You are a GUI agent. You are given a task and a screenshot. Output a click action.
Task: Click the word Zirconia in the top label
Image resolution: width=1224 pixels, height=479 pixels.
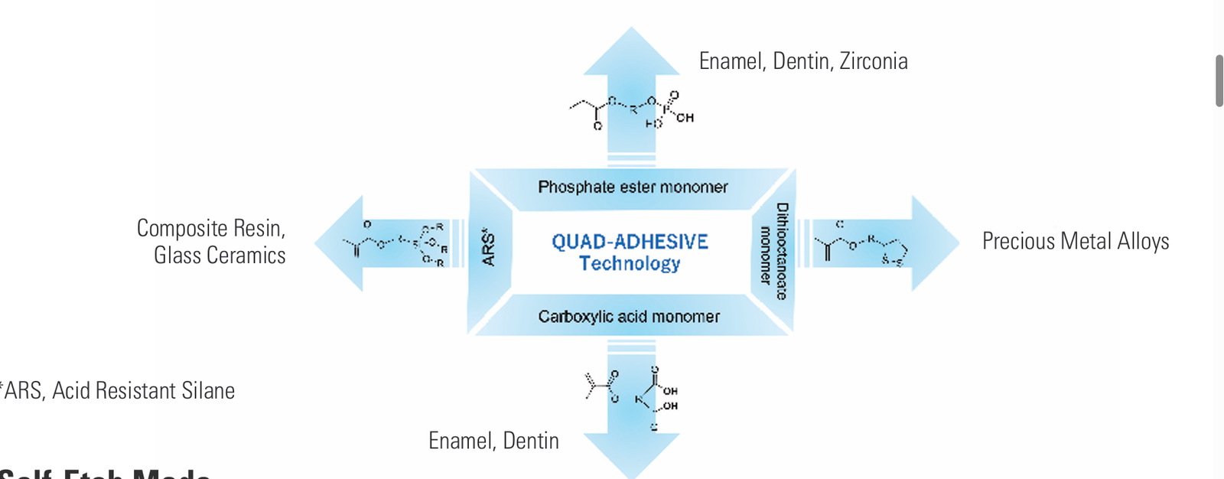click(x=874, y=61)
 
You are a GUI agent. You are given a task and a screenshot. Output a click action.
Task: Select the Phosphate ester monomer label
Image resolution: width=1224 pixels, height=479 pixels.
click(x=633, y=187)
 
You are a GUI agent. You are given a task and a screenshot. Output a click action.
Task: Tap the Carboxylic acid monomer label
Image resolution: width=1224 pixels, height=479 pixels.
click(x=629, y=317)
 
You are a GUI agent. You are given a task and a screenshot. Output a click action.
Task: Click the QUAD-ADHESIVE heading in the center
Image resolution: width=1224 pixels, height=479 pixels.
click(x=630, y=242)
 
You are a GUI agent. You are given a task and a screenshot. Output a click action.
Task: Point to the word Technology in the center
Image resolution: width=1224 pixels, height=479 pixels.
click(x=630, y=264)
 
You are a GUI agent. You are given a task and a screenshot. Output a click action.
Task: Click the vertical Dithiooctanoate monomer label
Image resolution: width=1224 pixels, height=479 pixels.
click(x=773, y=251)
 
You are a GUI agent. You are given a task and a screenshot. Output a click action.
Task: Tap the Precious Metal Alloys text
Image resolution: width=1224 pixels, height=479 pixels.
click(x=1075, y=242)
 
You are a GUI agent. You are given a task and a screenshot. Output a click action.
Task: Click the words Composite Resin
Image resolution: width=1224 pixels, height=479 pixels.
click(x=211, y=228)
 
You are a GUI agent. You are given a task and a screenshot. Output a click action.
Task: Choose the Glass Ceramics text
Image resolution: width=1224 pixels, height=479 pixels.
click(x=220, y=256)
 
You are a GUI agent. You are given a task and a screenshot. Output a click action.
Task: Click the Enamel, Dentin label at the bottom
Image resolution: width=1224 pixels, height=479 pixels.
click(x=493, y=441)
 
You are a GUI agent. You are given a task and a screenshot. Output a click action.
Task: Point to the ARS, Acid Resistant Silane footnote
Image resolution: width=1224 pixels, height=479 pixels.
click(x=119, y=391)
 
